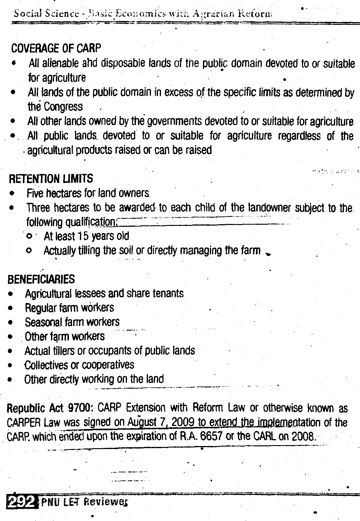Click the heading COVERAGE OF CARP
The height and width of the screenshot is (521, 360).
click(56, 48)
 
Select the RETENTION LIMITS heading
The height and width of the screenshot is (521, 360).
click(51, 179)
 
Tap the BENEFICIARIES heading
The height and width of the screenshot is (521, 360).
click(41, 279)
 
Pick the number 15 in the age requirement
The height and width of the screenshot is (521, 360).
click(83, 236)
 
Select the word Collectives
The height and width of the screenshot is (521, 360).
click(46, 365)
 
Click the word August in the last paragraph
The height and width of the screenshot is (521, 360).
click(141, 422)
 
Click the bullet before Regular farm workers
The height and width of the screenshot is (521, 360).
click(11, 308)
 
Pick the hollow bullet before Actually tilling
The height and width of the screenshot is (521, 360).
click(29, 251)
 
